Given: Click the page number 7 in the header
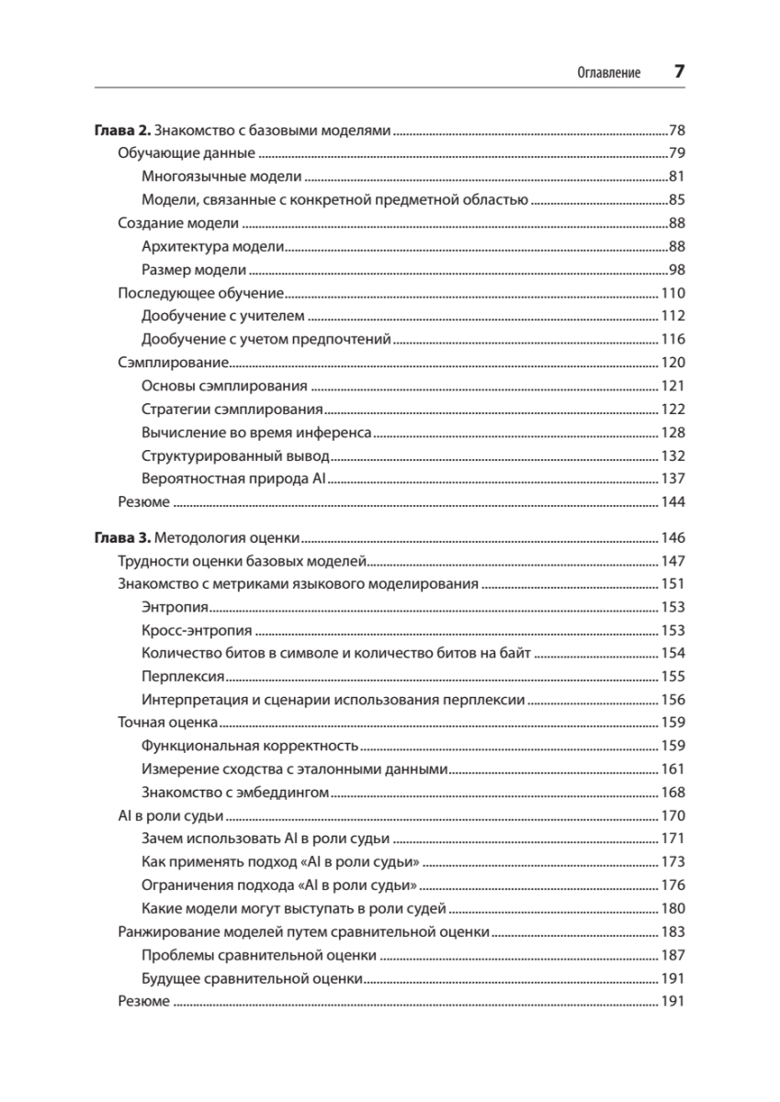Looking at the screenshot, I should (x=679, y=72).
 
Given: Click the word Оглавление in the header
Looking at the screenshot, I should (x=607, y=73).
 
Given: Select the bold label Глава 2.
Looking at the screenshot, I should (x=120, y=129).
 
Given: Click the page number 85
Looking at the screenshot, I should (x=677, y=199).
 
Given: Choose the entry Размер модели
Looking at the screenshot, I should (x=195, y=269).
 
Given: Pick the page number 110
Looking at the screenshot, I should (x=673, y=293).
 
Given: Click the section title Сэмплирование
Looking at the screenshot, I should (x=165, y=363).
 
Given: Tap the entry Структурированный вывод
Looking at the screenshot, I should (x=235, y=455).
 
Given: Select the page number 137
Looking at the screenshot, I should (x=673, y=478).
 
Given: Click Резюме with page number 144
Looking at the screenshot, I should (x=144, y=502).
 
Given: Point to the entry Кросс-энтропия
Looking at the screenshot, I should (x=198, y=630).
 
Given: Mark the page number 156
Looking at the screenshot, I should (x=673, y=699).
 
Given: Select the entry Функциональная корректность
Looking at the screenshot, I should (x=250, y=746).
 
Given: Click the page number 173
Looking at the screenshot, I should (x=673, y=862).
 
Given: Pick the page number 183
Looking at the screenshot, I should (x=673, y=932).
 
